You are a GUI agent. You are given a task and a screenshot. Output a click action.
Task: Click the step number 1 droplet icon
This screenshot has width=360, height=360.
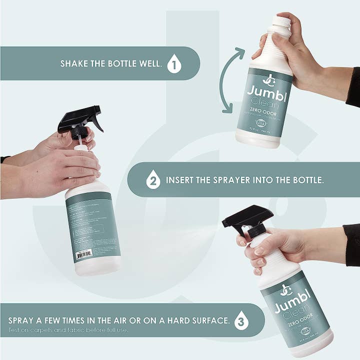(x=174, y=64)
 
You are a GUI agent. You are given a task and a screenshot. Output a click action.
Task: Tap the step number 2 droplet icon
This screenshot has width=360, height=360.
(x=153, y=179)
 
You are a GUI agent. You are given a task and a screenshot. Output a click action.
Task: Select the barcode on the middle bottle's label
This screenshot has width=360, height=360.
(x=83, y=254)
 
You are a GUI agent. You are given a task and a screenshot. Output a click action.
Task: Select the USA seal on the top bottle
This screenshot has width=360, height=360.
(x=260, y=123)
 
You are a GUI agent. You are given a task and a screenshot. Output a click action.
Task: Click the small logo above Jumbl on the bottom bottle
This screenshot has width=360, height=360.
(x=285, y=289)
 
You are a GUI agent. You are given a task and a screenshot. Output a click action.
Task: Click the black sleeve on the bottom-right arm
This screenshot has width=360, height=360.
(x=352, y=245)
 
